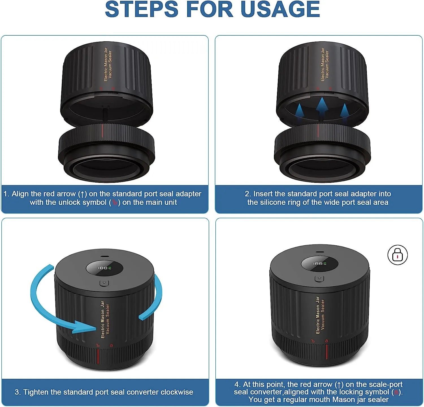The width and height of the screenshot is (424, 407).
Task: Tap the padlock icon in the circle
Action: point(397,255)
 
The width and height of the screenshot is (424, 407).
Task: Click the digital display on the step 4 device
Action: point(319,263)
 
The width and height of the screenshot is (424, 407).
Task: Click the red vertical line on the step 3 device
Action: point(98,357)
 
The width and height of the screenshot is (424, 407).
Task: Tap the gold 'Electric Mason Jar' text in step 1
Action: point(106,64)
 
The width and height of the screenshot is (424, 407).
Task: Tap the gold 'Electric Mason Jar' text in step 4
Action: point(317,315)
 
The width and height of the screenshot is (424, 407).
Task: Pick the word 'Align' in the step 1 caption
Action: point(20,194)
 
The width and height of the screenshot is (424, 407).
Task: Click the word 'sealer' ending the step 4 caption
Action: point(378,400)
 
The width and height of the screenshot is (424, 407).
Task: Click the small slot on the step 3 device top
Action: point(104,256)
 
